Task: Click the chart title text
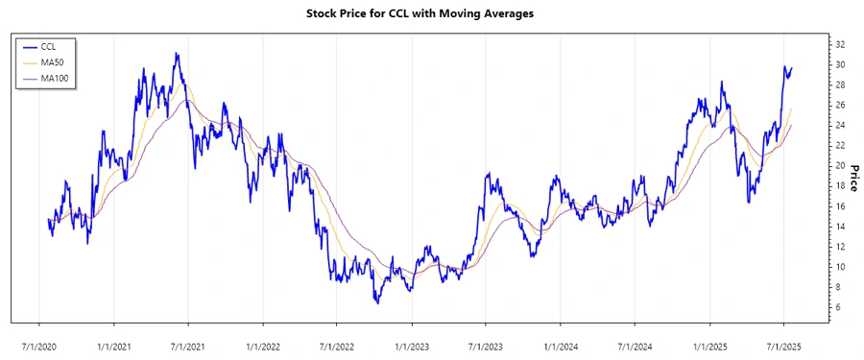point(431,14)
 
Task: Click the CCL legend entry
point(49,46)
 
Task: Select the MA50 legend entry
point(52,62)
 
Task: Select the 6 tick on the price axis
point(839,307)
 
